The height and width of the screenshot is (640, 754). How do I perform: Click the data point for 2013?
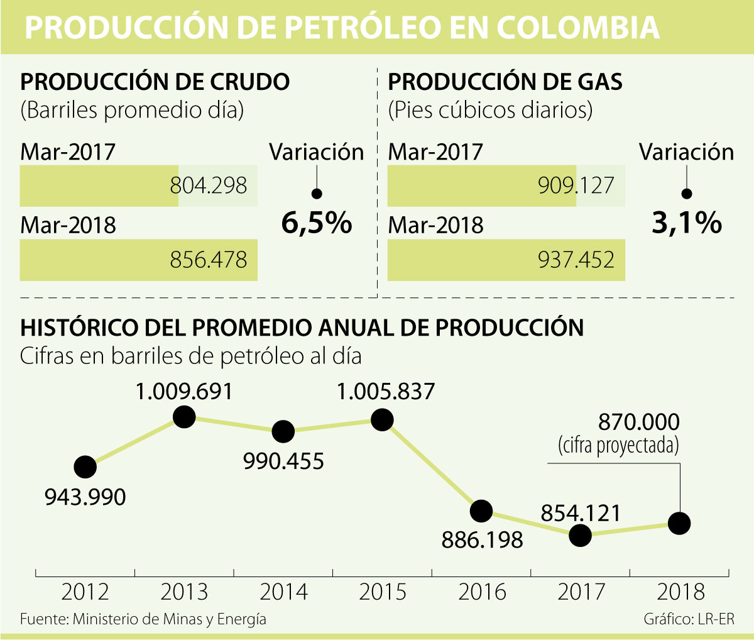coord(184,416)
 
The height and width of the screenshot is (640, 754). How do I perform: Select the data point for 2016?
coord(481,510)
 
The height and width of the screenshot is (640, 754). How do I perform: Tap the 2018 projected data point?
coord(679,522)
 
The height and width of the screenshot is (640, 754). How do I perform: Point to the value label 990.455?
coord(283,461)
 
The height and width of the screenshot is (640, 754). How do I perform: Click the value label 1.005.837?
coord(385,392)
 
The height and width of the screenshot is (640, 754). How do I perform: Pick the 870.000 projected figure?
coord(638,421)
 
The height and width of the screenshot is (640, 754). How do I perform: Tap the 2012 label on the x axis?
coord(85,592)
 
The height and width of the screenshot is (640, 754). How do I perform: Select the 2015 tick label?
coord(383,592)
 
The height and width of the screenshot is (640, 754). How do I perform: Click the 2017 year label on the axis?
coord(581,592)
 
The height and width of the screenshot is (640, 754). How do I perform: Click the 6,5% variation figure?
coord(317,223)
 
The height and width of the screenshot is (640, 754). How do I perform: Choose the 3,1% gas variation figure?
coord(686,223)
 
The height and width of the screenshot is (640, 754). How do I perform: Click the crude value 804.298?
coord(209,185)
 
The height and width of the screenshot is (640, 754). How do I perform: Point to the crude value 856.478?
coord(209,260)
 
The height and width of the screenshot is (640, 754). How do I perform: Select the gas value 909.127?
coord(576,185)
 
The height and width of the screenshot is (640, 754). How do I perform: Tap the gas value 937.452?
coord(576,260)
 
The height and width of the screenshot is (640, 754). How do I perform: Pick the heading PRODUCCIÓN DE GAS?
coord(505,82)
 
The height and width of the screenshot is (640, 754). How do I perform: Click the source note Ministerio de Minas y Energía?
coord(143,619)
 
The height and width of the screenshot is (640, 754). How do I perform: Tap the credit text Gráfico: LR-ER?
coord(689,619)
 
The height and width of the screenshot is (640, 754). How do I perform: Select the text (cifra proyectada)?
coord(618,445)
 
